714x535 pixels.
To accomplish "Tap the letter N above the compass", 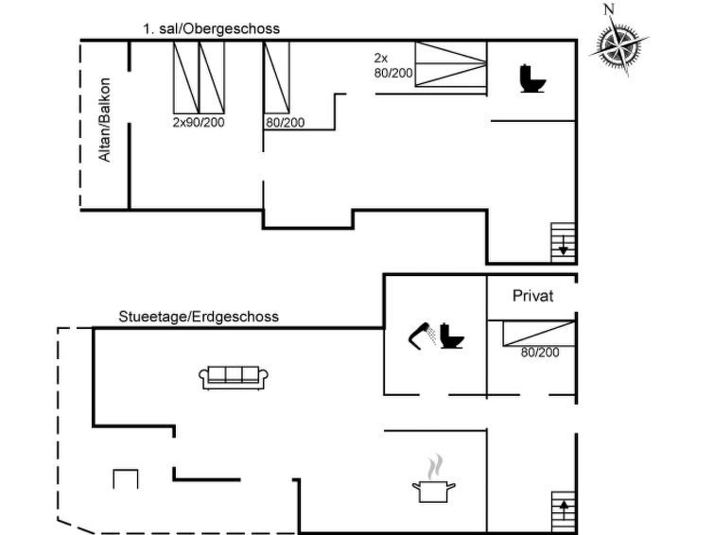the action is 609,9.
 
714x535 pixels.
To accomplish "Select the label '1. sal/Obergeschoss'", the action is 211,29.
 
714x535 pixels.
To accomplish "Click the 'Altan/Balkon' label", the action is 105,120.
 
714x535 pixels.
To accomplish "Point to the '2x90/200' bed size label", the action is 199,122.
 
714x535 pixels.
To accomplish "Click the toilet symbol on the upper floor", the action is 531,78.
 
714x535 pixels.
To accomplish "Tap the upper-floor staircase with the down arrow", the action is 564,243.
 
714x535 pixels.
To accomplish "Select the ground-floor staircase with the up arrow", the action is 564,511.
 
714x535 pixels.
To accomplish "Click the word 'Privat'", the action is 532,296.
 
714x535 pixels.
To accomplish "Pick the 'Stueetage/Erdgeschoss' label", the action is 199,317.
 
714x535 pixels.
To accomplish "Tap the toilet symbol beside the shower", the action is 451,336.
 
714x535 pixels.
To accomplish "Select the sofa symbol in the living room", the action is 234,377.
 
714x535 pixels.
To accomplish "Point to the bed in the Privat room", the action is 539,334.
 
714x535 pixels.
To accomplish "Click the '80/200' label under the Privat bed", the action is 540,352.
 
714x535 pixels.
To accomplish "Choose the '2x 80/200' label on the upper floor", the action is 393,65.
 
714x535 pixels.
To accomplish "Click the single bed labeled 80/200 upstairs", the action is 276,78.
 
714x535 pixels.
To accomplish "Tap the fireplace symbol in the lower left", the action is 125,479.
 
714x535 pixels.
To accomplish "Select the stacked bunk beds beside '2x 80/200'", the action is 451,63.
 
